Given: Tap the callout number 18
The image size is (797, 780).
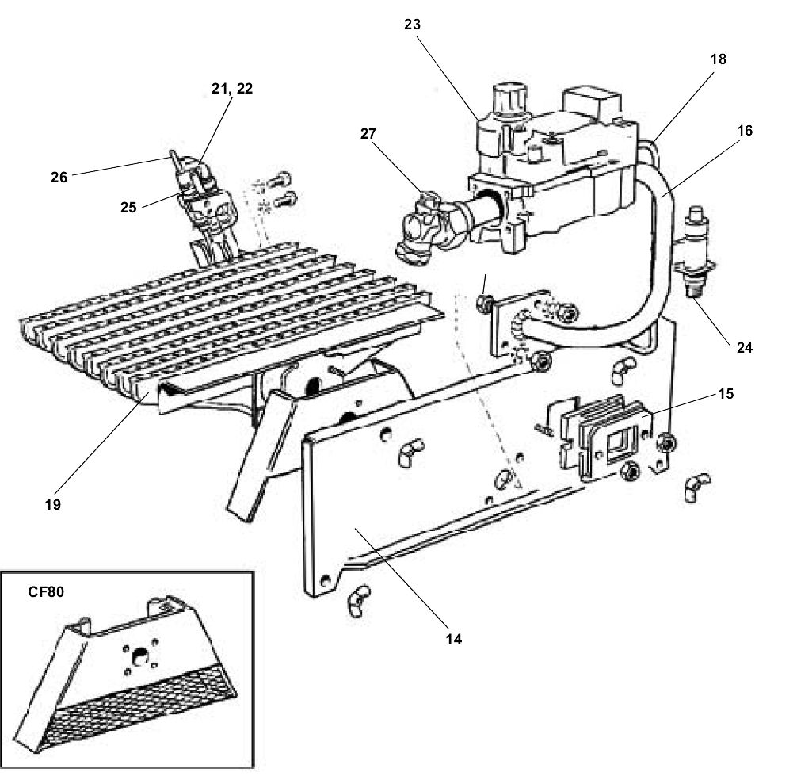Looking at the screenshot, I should tap(718, 59).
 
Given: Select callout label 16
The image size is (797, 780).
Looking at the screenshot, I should tap(745, 129).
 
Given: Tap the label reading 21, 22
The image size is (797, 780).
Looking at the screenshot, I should tap(234, 89).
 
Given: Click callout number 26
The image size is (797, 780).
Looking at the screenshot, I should tap(59, 177).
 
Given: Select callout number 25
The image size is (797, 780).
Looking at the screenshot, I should tap(129, 208).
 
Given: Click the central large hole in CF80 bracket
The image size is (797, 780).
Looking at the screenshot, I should tap(139, 656).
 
